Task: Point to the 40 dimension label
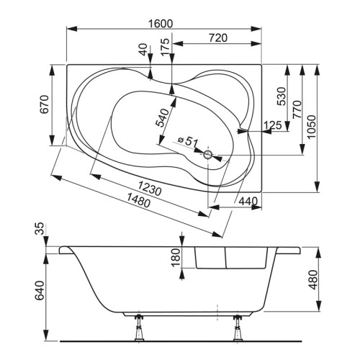point(143,50)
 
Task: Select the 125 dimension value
point(272,126)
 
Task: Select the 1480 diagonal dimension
point(132,204)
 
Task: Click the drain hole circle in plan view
point(209,153)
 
